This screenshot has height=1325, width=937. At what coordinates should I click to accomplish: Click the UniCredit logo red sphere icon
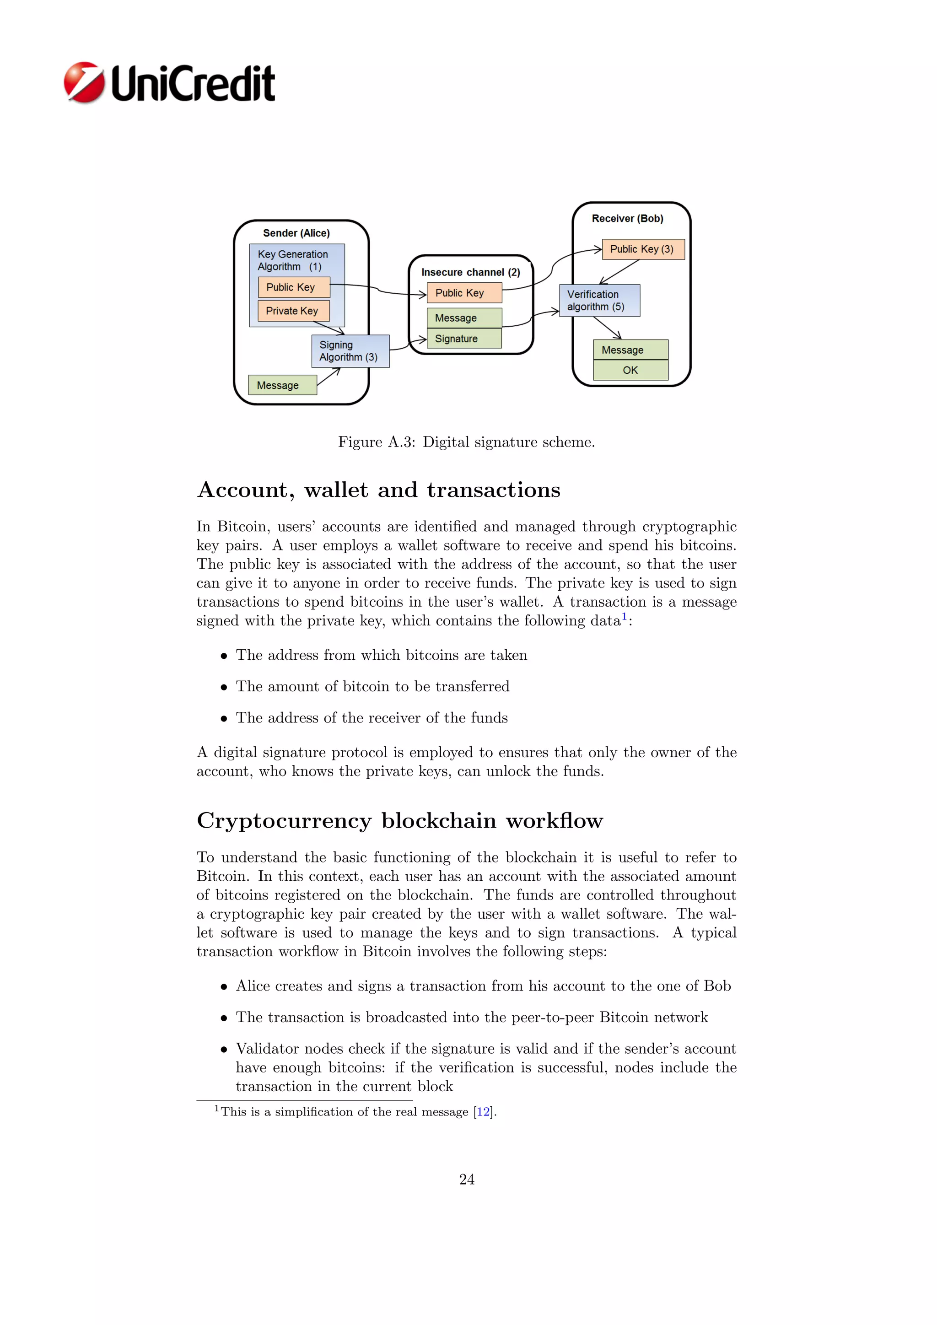84,82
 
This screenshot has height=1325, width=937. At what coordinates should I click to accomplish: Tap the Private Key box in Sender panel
293,311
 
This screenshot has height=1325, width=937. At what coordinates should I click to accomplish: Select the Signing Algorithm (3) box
350,351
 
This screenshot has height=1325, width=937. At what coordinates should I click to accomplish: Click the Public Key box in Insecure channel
464,292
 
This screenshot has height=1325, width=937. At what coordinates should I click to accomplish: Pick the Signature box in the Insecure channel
464,339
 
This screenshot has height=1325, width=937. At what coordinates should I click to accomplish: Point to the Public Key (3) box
643,249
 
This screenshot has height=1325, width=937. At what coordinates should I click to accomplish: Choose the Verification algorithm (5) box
599,300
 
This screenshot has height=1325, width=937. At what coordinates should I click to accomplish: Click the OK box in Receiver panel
630,371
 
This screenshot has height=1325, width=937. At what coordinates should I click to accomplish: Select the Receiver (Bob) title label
627,219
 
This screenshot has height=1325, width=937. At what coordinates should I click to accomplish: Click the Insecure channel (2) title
470,272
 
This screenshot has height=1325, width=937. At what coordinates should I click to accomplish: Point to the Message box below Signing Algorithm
282,385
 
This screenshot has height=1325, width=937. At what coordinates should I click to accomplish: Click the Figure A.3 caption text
466,442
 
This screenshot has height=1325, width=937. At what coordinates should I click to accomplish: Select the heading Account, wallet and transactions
378,490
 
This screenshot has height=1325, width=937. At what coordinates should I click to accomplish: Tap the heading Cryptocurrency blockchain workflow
400,821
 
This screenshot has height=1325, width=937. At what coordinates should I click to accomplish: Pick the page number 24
467,1180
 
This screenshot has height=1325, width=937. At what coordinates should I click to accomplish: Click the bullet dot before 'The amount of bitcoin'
224,687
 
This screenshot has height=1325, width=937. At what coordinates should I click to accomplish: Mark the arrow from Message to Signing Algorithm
328,376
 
